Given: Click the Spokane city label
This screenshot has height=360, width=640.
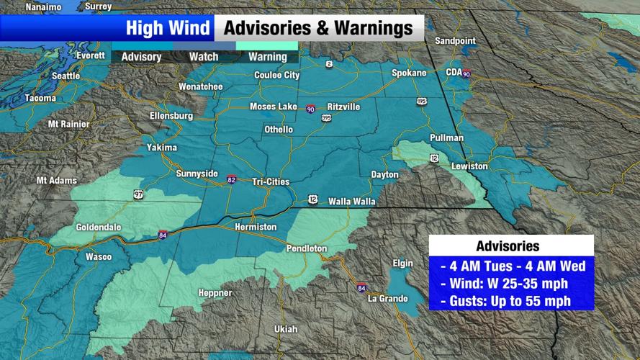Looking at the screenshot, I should [409, 73].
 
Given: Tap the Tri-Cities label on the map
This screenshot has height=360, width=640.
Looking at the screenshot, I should [271, 181].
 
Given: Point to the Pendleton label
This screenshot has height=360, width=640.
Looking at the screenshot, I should [307, 248].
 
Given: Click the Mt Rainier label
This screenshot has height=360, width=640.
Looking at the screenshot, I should [68, 124].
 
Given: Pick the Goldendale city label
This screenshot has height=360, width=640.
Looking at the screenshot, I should [99, 227].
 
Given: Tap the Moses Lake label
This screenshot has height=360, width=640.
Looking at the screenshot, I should [273, 107].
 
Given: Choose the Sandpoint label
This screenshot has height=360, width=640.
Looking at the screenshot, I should [456, 41].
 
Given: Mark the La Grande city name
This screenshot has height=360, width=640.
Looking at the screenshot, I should [387, 298].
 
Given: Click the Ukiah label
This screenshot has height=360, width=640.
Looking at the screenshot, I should [286, 329].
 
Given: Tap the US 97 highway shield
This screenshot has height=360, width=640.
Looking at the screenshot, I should [138, 194].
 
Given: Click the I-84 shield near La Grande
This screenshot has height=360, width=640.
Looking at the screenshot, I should [361, 288].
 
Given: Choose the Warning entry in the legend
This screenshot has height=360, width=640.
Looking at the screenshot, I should [268, 57].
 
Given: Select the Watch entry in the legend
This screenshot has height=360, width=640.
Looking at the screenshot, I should [204, 57].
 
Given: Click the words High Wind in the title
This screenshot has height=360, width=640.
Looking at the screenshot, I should [168, 28].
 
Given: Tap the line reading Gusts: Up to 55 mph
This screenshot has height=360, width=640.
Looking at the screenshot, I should [511, 300].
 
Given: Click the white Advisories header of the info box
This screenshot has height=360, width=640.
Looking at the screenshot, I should [511, 246].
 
